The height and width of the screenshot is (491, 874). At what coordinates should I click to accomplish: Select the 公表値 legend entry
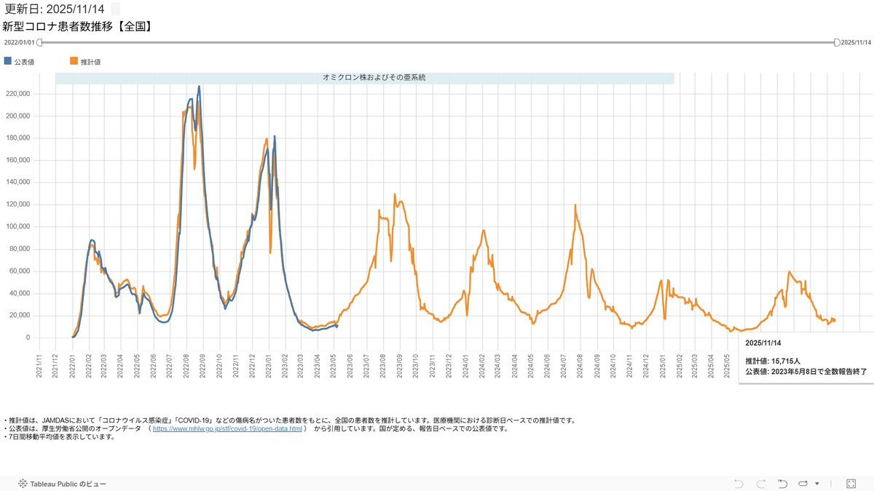(x=24, y=62)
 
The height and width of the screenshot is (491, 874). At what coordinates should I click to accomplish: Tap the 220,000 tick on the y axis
(x=18, y=94)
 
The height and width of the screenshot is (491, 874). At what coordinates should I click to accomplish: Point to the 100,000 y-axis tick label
(x=18, y=227)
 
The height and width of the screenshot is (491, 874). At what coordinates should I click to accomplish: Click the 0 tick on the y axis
(x=28, y=338)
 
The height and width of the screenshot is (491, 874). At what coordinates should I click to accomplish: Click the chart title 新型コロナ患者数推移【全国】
(x=76, y=27)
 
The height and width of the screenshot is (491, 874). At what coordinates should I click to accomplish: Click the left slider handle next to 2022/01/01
(x=40, y=42)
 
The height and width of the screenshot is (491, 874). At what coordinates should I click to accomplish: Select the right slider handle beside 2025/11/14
(x=837, y=42)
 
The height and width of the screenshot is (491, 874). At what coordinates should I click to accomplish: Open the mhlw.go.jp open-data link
(x=227, y=428)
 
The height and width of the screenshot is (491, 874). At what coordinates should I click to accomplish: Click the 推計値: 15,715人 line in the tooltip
(x=773, y=361)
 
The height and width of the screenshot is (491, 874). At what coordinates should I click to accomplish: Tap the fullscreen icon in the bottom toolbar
(x=851, y=483)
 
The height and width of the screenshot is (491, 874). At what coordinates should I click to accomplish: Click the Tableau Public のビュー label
(x=68, y=484)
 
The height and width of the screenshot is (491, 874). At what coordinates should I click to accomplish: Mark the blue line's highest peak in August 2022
(x=199, y=87)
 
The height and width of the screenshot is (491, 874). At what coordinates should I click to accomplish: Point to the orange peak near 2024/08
(x=575, y=205)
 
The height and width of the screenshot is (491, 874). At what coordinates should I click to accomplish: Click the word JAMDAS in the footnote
(x=55, y=420)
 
